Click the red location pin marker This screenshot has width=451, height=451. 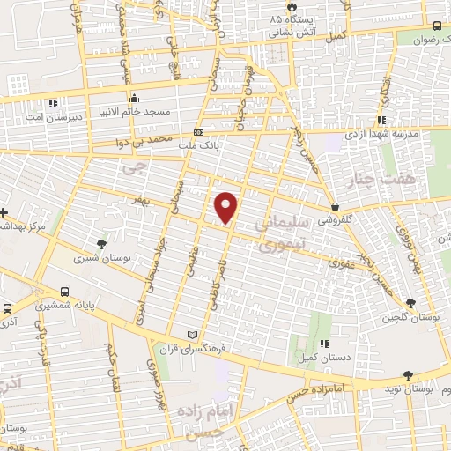coord(227,206)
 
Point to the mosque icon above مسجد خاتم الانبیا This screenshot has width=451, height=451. coord(134,98)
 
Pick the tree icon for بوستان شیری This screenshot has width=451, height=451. coord(104,244)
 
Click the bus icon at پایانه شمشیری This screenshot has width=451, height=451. coord(64,292)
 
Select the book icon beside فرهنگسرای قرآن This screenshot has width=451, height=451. coord(193,335)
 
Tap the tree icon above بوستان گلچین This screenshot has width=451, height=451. coord(411,303)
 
